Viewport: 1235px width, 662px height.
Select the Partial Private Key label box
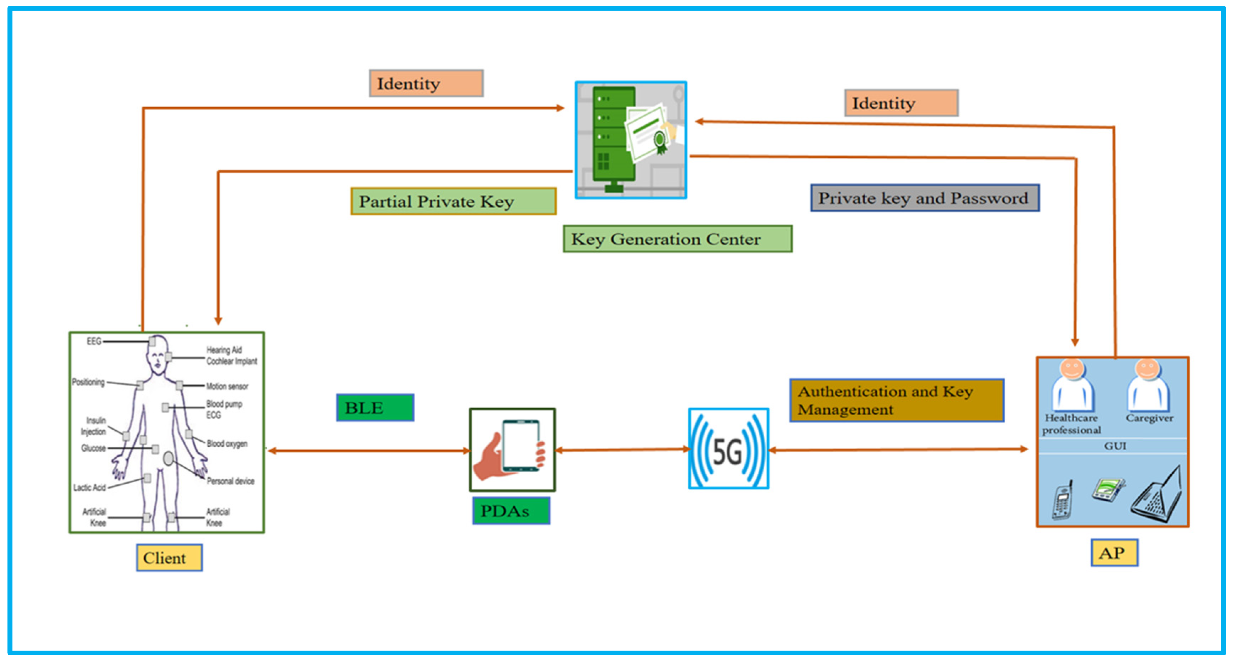[453, 201]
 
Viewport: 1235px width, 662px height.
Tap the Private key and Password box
[924, 198]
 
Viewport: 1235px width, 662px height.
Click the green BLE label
[375, 408]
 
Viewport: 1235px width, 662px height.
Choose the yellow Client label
[169, 558]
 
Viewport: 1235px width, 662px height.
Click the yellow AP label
[1114, 553]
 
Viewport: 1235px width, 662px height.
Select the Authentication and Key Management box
[896, 400]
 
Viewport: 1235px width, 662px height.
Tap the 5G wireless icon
[728, 449]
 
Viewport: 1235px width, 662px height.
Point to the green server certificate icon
[630, 140]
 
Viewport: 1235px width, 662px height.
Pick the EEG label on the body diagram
[94, 341]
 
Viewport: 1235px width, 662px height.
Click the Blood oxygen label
[227, 444]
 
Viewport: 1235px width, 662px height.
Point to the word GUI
[1115, 446]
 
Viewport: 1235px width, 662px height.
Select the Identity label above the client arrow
[426, 84]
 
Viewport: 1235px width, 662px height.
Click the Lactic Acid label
[89, 488]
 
